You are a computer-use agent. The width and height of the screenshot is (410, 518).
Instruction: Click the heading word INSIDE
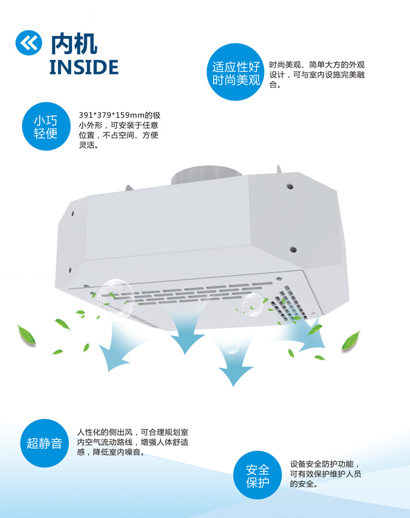tap(84, 67)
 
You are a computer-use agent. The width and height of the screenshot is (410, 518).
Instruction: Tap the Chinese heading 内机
tap(74, 42)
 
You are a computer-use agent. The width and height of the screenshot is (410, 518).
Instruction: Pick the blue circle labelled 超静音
tap(45, 443)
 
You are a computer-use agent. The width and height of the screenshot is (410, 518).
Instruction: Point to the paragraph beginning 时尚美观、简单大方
tap(317, 74)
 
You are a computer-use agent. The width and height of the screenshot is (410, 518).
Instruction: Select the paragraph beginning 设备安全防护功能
tap(326, 474)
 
